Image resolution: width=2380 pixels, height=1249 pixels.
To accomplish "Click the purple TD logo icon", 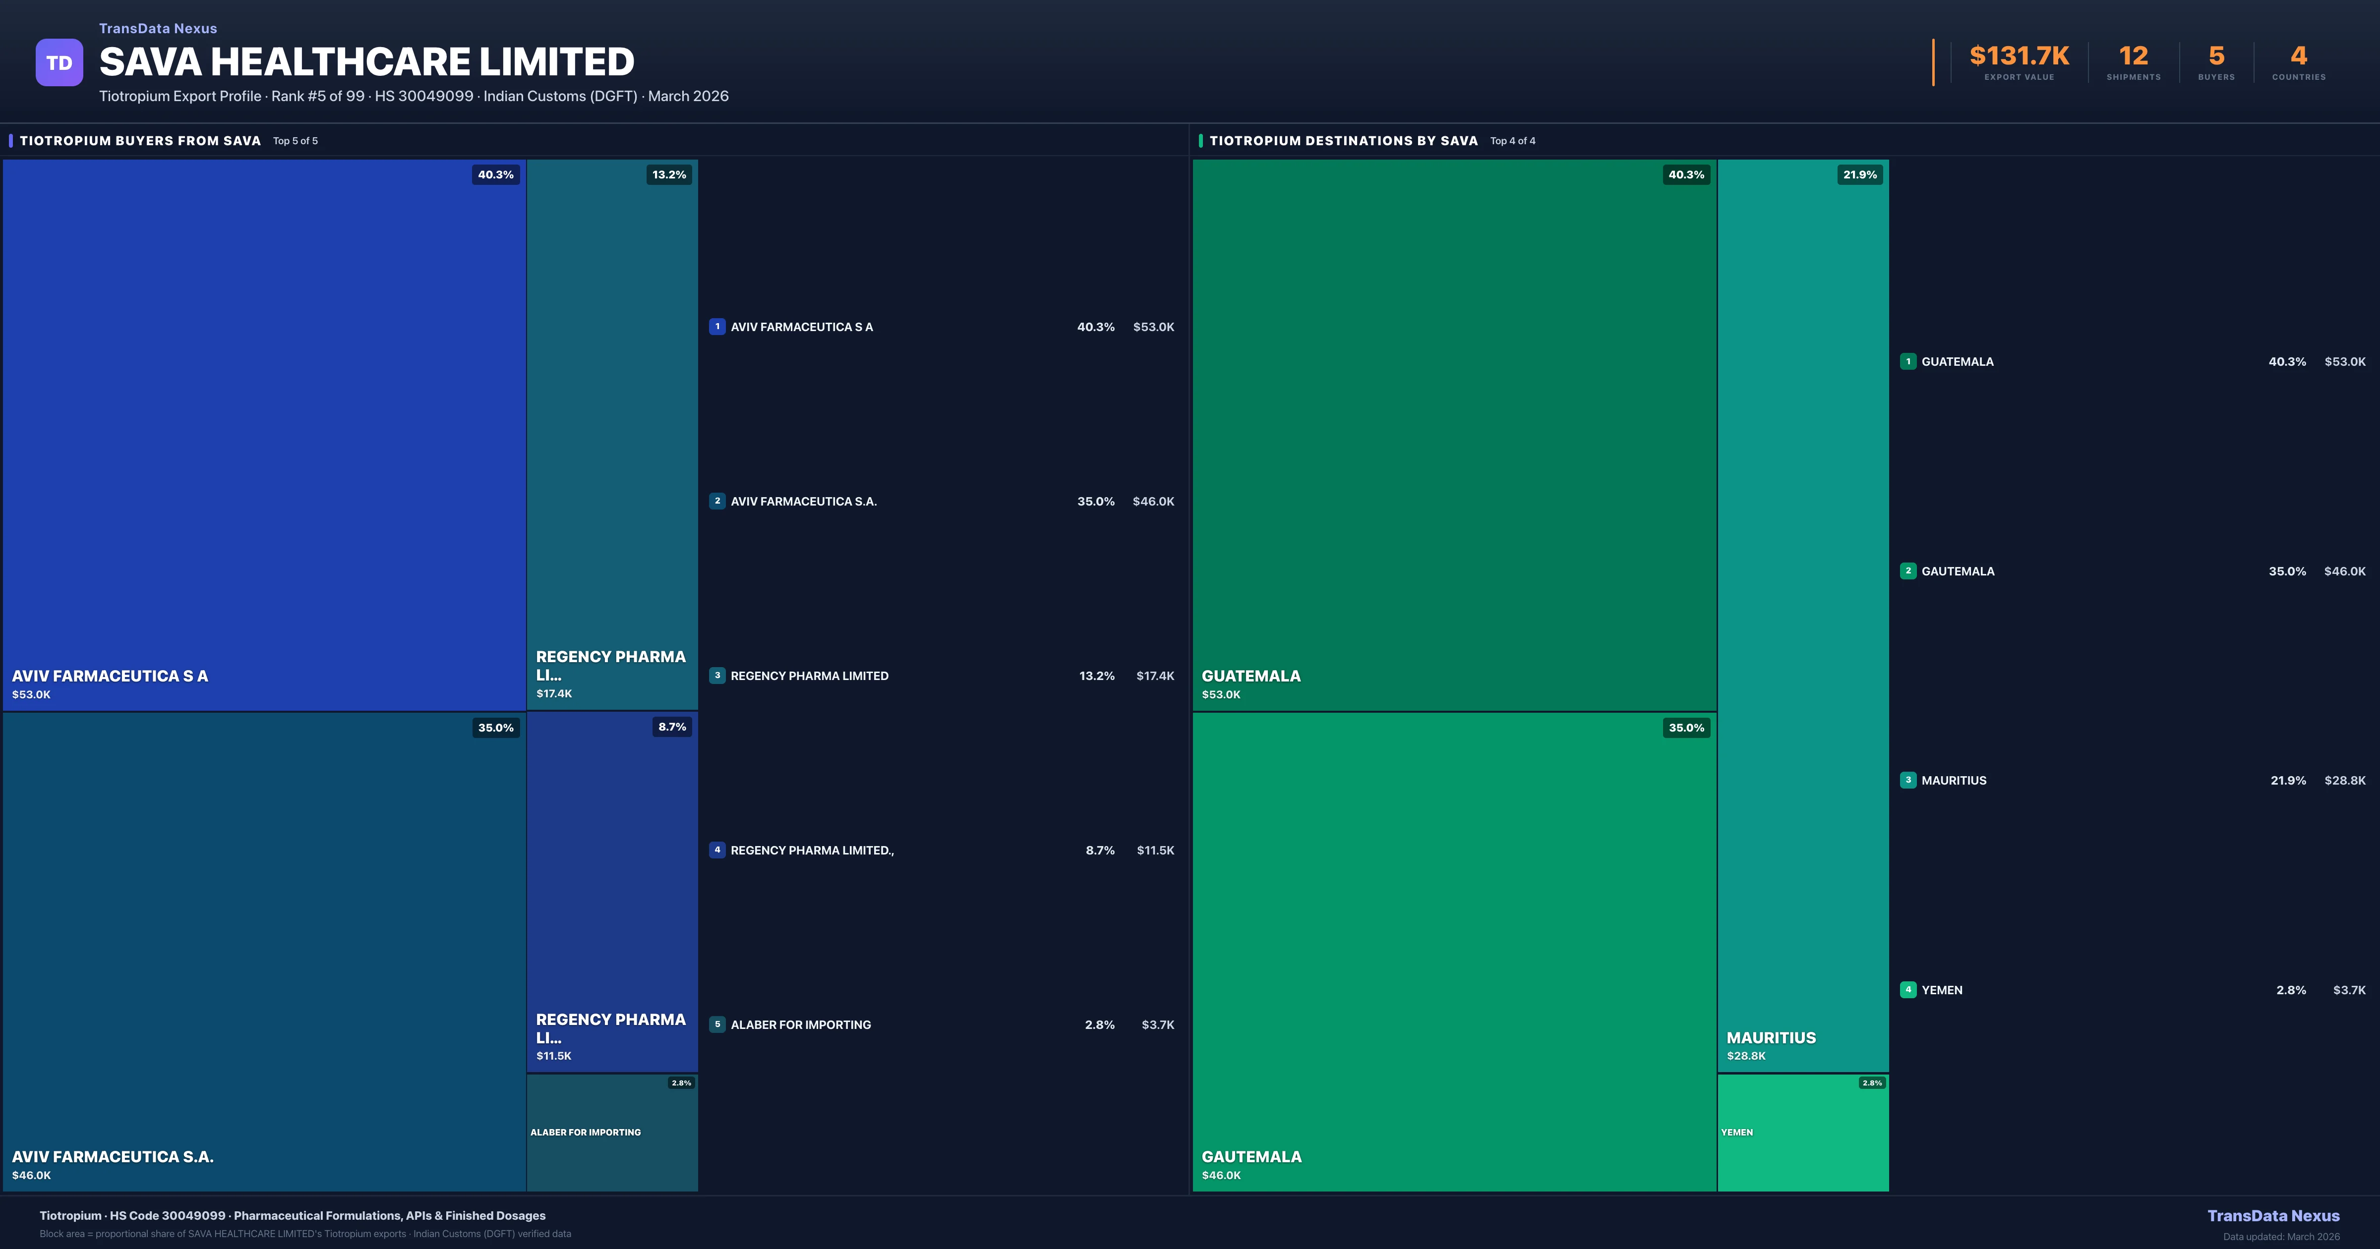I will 59,63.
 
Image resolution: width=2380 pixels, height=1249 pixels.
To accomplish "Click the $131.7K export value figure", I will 2019,57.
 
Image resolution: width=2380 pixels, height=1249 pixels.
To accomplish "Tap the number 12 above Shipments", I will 2133,57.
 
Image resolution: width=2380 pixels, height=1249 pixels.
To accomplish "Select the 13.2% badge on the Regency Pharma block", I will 669,174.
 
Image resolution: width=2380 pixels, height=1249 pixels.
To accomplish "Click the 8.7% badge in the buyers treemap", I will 672,727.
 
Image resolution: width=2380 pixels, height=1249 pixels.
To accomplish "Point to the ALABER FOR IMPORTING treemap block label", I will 585,1132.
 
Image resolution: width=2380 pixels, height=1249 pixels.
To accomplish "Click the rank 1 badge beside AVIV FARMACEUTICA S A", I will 717,326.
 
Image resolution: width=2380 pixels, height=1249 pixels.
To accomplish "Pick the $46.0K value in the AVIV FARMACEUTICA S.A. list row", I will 1153,502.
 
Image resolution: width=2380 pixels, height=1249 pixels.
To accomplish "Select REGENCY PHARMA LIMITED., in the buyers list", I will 812,850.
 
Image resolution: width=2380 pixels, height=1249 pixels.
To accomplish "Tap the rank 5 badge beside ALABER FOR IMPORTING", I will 717,1024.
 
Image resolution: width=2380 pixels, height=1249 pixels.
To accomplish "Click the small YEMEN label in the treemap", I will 1737,1132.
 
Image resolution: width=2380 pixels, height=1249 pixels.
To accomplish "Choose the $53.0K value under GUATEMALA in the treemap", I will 1220,695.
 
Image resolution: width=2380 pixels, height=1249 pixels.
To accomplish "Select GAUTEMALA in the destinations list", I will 1958,571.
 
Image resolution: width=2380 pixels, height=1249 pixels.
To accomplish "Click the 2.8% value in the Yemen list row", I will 2290,990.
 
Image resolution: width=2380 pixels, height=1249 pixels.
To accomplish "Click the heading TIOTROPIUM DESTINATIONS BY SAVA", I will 1343,140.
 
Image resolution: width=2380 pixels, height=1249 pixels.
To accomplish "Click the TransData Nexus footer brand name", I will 2273,1216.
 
